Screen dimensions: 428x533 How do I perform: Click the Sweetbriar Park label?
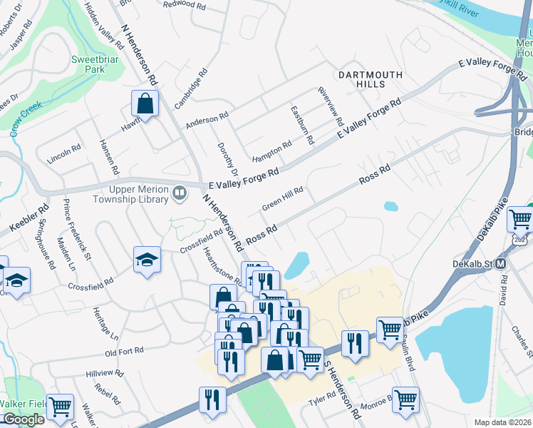[90, 65]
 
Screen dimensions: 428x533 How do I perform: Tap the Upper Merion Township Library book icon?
[180, 193]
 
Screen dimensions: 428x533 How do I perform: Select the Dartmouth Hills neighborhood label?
[370, 79]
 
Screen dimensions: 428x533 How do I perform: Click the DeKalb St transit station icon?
[501, 263]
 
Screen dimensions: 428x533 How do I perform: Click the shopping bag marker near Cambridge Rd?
[145, 103]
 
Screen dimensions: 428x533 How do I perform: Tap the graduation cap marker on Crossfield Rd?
[147, 260]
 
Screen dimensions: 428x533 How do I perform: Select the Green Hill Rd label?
[283, 198]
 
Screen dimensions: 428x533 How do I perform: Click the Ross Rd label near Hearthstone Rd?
[261, 235]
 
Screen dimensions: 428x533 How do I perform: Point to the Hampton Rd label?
[271, 151]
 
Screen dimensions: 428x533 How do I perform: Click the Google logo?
[23, 419]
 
